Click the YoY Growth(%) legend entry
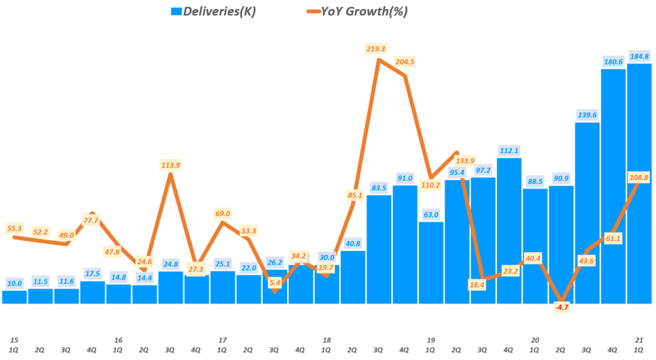coord(358,11)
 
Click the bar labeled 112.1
coord(509,231)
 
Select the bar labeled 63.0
coord(431,263)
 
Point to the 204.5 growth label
coord(404,62)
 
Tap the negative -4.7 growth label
coord(561,307)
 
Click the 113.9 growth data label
coord(170,165)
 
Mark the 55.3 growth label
coord(15,228)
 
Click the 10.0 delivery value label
coord(14,282)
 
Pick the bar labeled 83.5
coord(379,250)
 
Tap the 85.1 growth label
coord(352,195)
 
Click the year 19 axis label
coord(430,340)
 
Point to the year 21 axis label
coord(639,340)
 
